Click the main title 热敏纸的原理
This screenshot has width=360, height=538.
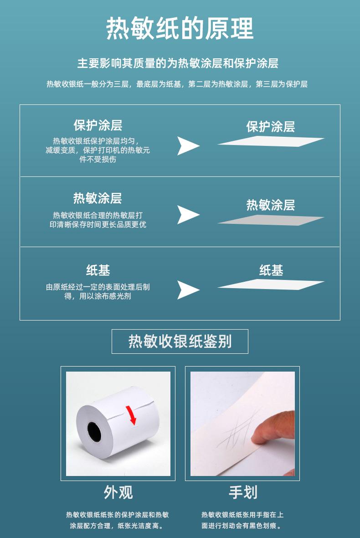pos(180,29)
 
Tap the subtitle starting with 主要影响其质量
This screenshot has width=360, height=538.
pos(178,63)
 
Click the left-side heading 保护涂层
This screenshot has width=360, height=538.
pos(98,125)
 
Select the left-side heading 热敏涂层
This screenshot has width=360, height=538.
pos(98,198)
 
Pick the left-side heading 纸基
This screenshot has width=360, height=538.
pos(98,270)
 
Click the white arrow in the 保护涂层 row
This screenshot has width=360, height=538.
pos(188,145)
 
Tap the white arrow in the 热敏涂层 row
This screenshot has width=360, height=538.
pos(188,215)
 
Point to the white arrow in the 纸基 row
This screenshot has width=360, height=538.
pos(188,290)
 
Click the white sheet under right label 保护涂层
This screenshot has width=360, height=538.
pos(271,141)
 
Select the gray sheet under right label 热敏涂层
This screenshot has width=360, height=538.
pos(271,221)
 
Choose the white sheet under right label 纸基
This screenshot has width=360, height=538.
pos(271,285)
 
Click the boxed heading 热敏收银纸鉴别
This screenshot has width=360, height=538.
pos(180,341)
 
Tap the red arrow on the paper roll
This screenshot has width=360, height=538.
pos(132,414)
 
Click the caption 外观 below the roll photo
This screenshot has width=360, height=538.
pos(118,492)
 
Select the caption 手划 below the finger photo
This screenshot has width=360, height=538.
pos(242,492)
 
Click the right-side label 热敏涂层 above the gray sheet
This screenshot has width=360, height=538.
pos(271,205)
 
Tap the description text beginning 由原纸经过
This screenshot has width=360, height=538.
pos(98,292)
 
